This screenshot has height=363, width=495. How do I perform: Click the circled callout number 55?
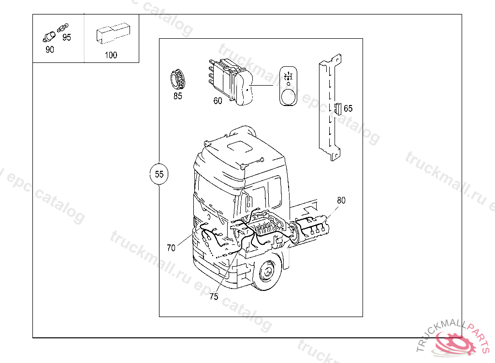(159, 174)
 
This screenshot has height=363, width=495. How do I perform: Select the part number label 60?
(218, 101)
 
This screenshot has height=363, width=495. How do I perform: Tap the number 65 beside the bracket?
(348, 108)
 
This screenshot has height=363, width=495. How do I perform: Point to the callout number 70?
(171, 248)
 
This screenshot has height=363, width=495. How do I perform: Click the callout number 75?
(214, 297)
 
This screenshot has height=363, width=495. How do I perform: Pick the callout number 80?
(341, 200)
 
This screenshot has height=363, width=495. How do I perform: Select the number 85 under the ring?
(178, 96)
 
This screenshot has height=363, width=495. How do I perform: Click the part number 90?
(50, 50)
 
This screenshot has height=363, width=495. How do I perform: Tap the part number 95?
(67, 37)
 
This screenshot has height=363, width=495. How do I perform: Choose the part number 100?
(111, 55)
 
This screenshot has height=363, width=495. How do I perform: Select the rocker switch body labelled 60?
(232, 82)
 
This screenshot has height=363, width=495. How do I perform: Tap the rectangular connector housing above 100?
(113, 33)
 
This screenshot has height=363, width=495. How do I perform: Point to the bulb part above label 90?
(49, 37)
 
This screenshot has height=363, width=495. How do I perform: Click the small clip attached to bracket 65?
(338, 108)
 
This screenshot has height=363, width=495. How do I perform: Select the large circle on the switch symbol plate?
(288, 96)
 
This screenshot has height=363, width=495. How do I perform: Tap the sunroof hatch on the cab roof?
(240, 147)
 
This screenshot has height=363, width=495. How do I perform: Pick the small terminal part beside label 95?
(62, 28)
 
